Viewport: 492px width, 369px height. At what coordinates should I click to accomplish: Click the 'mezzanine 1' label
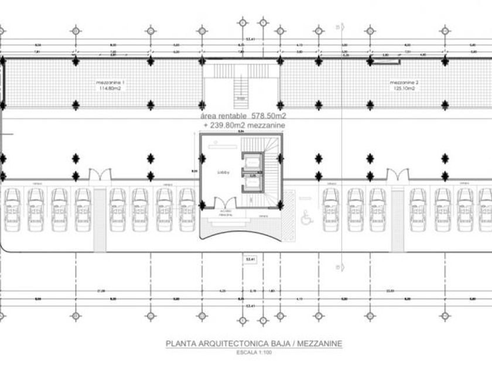pyautogui.click(x=110, y=83)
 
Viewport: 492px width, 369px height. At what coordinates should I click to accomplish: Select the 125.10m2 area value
pyautogui.click(x=404, y=89)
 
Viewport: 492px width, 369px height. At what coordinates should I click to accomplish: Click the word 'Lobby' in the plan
pyautogui.click(x=223, y=172)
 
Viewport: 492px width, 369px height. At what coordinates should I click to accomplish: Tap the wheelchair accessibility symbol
pyautogui.click(x=305, y=218)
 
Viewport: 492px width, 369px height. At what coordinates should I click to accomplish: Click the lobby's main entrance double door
pyautogui.click(x=225, y=205)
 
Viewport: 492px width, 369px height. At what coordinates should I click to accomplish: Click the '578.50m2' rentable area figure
pyautogui.click(x=265, y=117)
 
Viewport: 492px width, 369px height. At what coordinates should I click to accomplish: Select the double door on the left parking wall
pyautogui.click(x=98, y=174)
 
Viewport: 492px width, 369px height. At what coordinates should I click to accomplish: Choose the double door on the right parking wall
pyautogui.click(x=397, y=174)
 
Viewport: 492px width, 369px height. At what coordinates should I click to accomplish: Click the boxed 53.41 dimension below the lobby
pyautogui.click(x=251, y=258)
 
